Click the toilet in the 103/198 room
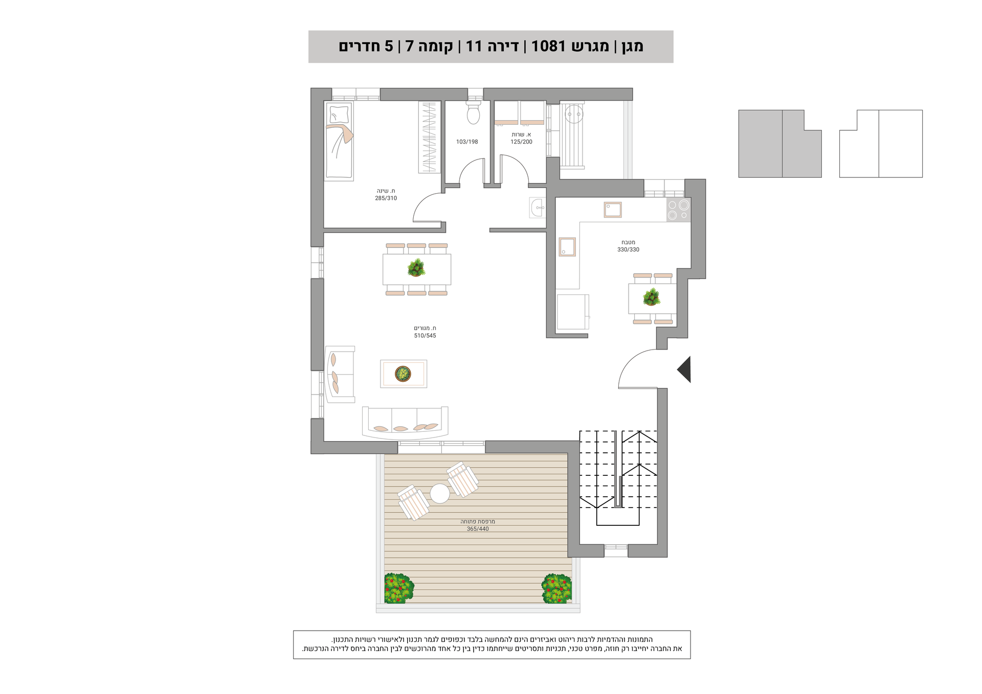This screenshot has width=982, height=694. click(473, 112)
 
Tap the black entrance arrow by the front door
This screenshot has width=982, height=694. click(684, 369)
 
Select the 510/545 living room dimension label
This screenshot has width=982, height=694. click(425, 336)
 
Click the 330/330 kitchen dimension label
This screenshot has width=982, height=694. click(628, 250)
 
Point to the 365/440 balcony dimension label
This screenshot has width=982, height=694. click(478, 529)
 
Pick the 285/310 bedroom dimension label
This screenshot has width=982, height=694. click(386, 198)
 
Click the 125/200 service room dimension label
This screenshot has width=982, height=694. click(521, 142)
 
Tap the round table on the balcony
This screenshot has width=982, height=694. click(440, 494)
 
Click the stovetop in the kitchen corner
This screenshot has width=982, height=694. click(679, 210)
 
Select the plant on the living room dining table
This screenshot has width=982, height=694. click(416, 267)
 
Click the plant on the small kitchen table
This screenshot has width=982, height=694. click(652, 297)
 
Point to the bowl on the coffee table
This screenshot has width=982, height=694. click(403, 374)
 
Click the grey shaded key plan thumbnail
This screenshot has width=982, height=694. click(779, 144)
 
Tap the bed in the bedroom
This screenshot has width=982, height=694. click(339, 141)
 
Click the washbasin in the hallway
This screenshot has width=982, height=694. click(538, 207)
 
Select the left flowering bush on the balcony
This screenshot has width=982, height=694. click(399, 588)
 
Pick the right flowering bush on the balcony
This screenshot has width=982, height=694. click(557, 588)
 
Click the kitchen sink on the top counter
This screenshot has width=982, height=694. click(613, 210)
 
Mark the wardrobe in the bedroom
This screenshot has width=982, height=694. click(429, 137)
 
